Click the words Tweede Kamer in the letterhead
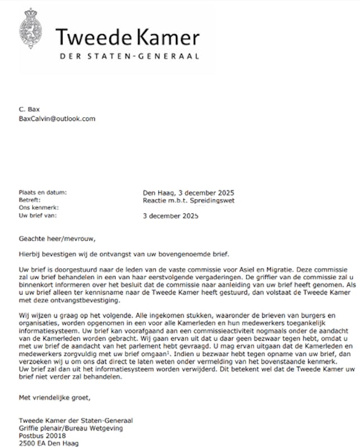click(127, 37)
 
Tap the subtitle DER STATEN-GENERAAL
click(129, 56)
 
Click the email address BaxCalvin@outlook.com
click(57, 118)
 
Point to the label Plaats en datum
click(42, 192)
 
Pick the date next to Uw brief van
click(171, 215)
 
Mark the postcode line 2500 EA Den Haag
click(49, 443)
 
